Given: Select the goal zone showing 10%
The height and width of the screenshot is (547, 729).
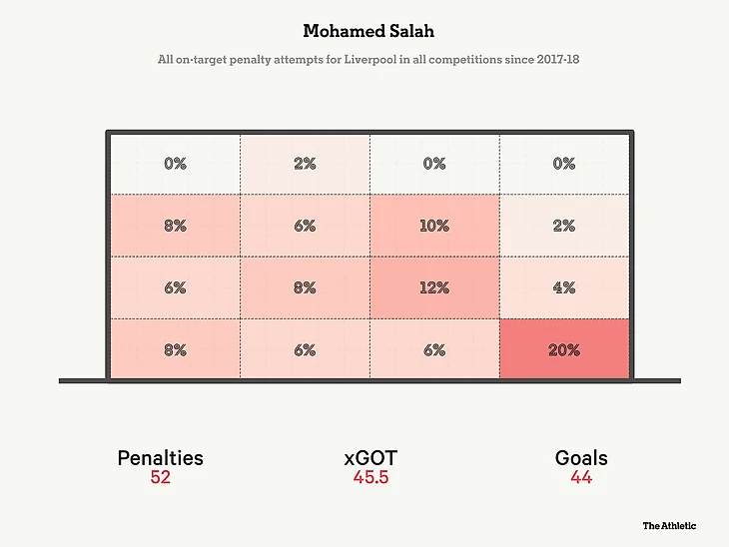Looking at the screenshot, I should pos(434,226).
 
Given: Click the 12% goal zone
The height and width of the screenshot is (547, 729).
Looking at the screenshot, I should pos(434,287).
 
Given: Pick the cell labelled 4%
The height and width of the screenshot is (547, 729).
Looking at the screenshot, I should pos(564,287).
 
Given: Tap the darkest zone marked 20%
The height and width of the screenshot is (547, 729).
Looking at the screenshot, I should pos(564,349).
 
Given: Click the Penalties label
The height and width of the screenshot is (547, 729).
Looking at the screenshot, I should pos(160,458).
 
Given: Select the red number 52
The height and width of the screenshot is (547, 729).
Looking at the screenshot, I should pos(160,478).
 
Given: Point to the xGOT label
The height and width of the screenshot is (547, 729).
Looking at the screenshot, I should pos(370,458).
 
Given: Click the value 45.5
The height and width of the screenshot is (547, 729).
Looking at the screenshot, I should pos(370,478).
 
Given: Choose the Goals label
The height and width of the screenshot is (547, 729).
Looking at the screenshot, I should pos(581,458).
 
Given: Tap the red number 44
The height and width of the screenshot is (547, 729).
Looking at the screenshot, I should pos(581,478).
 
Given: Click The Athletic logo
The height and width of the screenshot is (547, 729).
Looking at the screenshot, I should pos(669,525).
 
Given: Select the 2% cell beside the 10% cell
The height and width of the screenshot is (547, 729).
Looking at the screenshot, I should pos(564,226).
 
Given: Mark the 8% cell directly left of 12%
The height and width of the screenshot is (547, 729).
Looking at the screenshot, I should pos(305,287).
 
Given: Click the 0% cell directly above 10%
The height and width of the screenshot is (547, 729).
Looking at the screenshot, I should pos(434,164).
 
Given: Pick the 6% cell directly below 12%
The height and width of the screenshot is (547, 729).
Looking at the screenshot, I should pos(434,349).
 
